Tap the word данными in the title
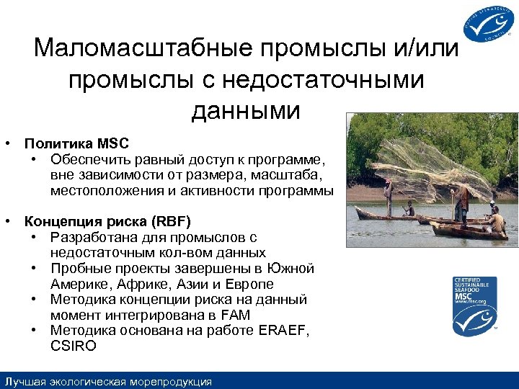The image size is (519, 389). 245,110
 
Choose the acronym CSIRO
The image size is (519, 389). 73,346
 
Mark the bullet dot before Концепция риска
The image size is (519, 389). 8,221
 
